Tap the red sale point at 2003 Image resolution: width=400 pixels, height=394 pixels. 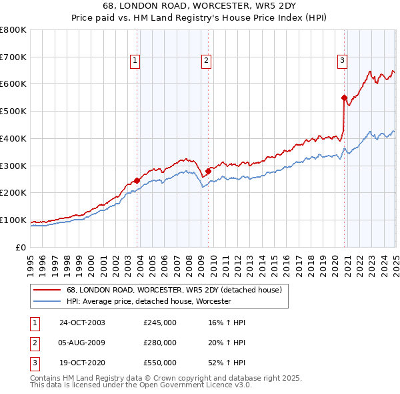pos(137,180)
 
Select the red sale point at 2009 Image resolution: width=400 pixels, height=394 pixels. pos(208,171)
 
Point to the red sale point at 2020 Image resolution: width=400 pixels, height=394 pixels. pos(345,97)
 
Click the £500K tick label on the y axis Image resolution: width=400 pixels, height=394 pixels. pos(13,111)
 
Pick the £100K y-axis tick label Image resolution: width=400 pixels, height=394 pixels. pos(13,220)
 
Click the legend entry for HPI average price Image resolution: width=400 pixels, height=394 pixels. pos(149,302)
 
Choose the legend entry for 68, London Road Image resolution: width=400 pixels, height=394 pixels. pos(175,290)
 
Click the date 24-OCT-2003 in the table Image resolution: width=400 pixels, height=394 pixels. pos(82,323)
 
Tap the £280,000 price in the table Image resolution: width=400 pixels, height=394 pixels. pos(160,343)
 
